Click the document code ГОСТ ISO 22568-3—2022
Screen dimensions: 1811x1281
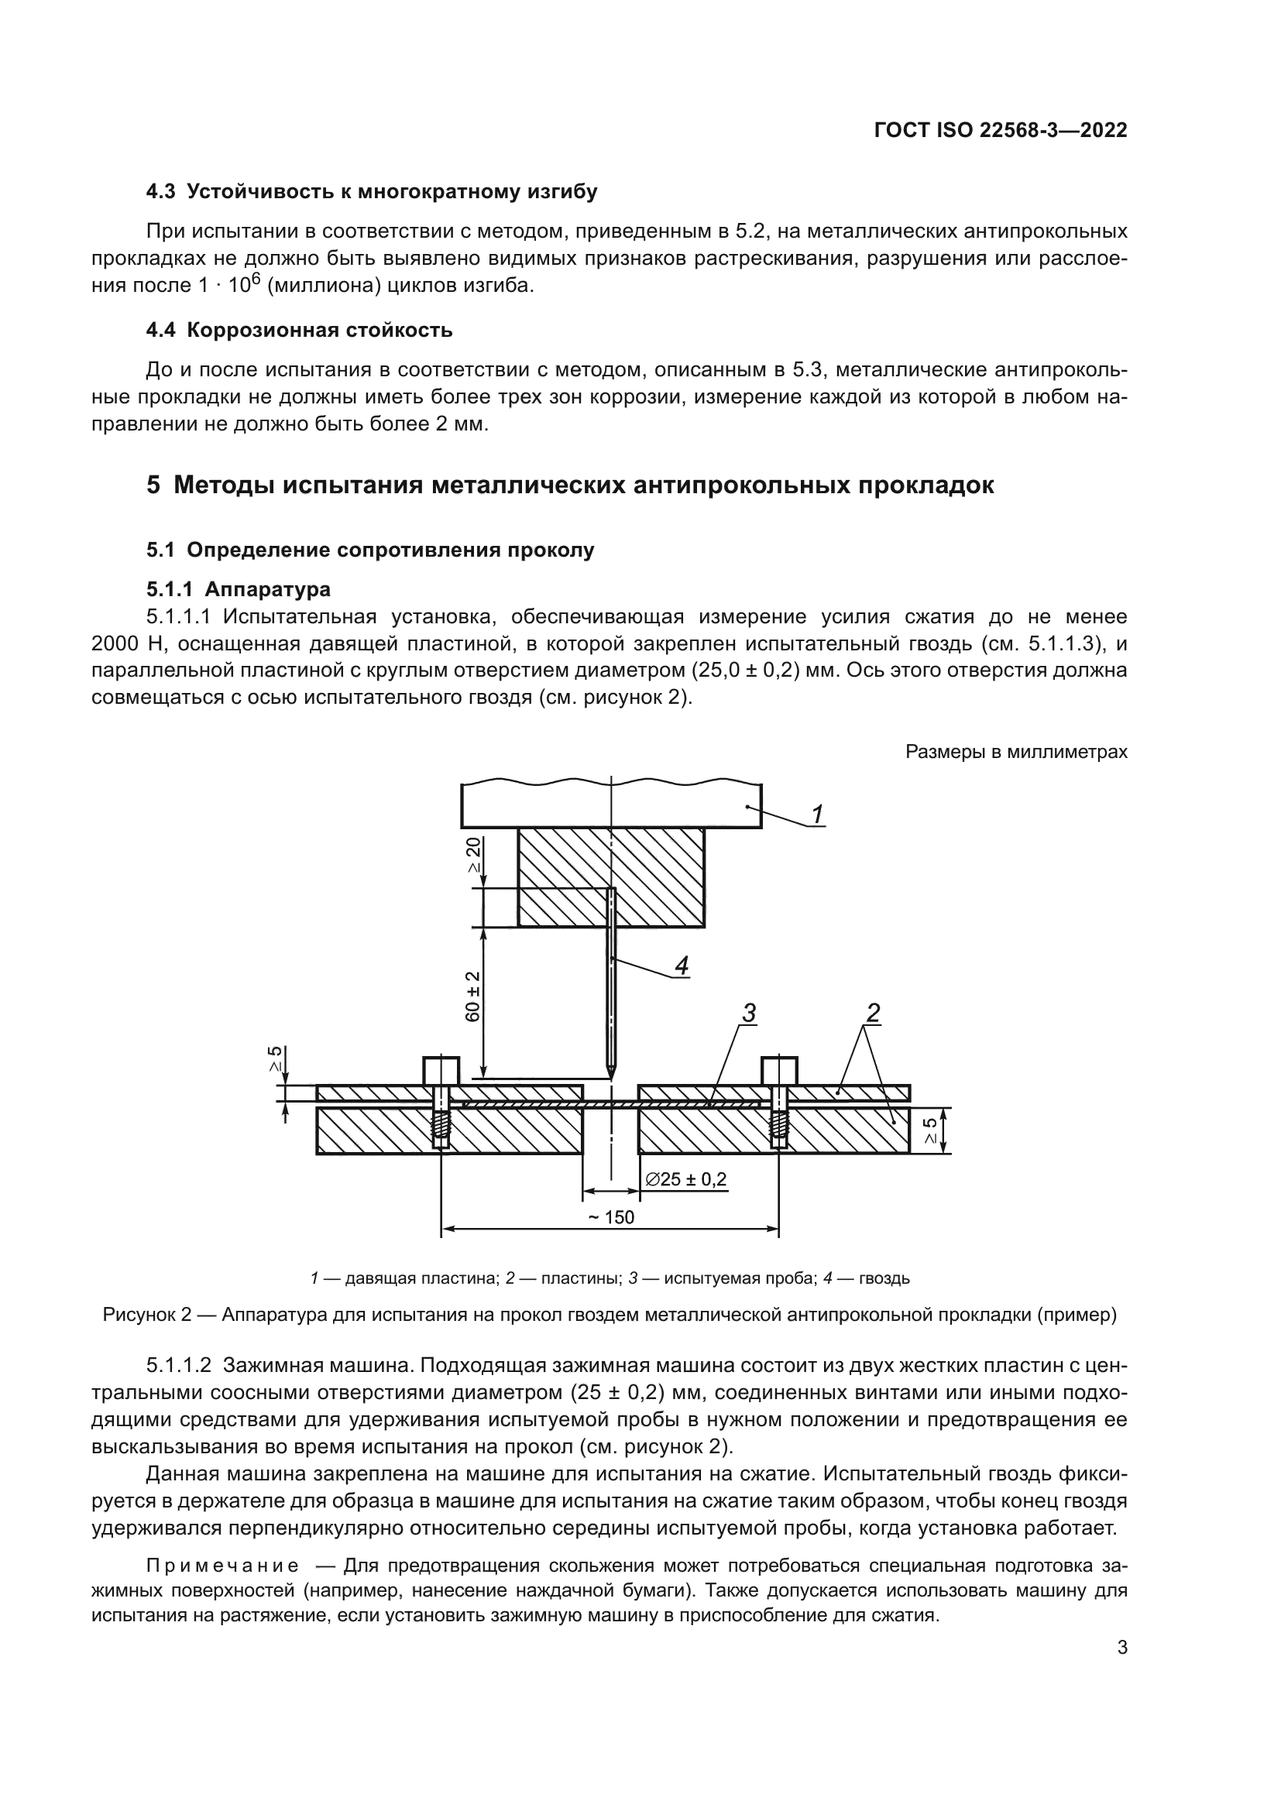click(x=1000, y=131)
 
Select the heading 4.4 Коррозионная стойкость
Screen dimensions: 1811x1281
click(x=299, y=330)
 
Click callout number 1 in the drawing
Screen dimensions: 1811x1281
click(x=818, y=813)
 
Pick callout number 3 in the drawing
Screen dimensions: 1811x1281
click(x=749, y=1013)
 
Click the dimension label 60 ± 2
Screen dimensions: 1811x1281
click(x=472, y=996)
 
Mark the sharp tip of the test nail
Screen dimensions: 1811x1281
click(x=611, y=1078)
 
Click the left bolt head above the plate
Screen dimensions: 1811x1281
click(x=441, y=1070)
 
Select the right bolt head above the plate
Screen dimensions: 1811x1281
click(x=779, y=1070)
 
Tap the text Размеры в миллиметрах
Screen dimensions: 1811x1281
click(x=1016, y=752)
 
